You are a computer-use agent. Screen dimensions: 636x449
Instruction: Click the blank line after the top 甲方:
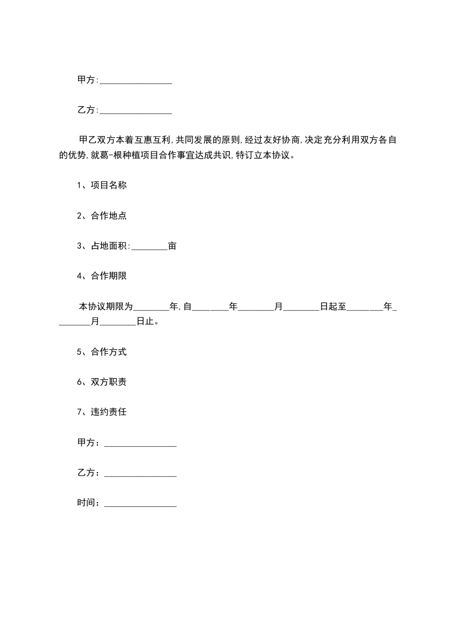[x=135, y=82]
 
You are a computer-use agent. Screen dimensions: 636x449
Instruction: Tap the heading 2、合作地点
[x=98, y=215]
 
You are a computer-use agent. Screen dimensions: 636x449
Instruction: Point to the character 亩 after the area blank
[x=173, y=246]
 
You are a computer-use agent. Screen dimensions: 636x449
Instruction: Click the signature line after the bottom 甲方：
[x=140, y=444]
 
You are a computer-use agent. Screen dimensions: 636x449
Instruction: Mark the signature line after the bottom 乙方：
[x=140, y=474]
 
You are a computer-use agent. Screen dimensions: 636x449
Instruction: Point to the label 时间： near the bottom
[x=89, y=503]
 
